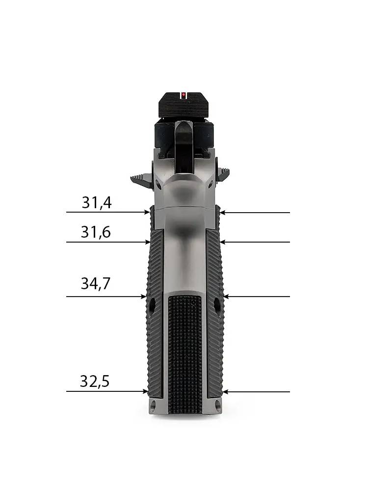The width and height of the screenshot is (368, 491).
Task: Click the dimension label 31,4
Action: point(97,203)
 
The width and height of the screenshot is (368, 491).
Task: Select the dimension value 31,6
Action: point(96,232)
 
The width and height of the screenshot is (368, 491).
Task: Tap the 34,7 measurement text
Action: point(96,283)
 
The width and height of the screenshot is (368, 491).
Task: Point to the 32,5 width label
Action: point(95,382)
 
